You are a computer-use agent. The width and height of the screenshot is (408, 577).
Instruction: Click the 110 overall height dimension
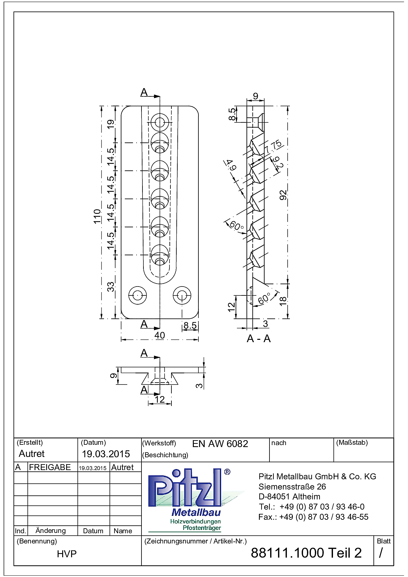pos(97,216)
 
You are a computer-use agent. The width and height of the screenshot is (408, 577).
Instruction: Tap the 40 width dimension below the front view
pos(160,335)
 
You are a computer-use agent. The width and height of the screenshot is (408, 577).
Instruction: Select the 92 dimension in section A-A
pos(283,195)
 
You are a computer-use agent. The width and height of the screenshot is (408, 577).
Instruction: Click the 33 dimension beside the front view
pos(111,287)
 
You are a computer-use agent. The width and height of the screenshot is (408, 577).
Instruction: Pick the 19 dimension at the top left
pos(111,124)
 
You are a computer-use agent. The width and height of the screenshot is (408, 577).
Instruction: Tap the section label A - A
pos(259,339)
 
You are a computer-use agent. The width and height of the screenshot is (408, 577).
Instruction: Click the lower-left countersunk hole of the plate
pos(138,295)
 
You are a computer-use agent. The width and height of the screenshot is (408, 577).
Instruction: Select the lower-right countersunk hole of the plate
pos(182,295)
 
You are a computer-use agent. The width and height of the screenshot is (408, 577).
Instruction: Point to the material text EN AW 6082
pos(220,444)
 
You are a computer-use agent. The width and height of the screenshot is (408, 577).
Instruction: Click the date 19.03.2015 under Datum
pos(106,454)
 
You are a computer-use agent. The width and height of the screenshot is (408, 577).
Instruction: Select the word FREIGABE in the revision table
pos(50,467)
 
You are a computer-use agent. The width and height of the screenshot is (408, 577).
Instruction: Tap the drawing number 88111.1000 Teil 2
pos(306,553)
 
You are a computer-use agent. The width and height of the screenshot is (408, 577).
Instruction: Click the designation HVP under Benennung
pos(67,554)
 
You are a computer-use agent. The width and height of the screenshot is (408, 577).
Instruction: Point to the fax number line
pos(314,517)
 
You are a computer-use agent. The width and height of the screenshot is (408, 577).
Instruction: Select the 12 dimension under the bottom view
pos(160,399)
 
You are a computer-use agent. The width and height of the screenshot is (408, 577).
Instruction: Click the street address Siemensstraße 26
pos(292,487)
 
